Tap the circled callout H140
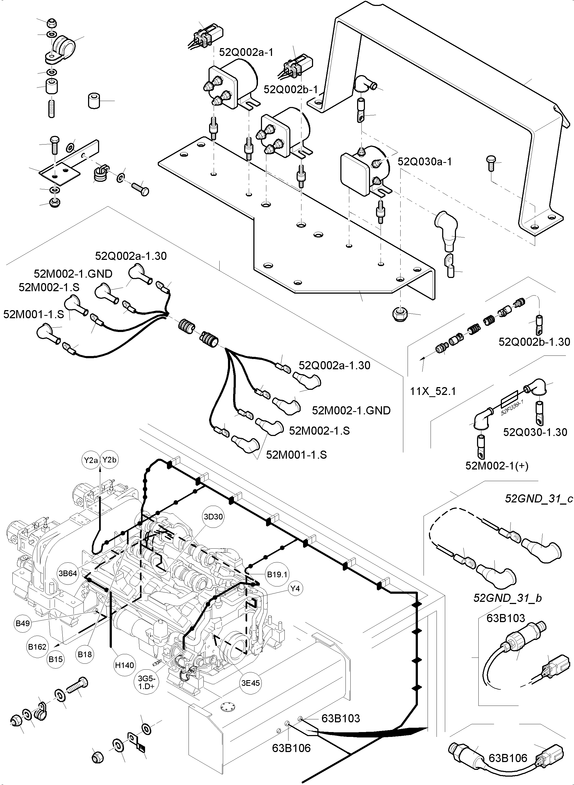(125, 665)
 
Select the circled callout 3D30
(213, 517)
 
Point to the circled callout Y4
(295, 588)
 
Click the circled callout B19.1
(277, 574)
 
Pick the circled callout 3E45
(250, 683)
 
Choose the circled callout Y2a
(91, 460)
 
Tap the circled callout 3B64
(68, 573)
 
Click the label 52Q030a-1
(425, 162)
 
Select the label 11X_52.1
(432, 391)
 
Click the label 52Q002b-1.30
(534, 342)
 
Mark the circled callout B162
(37, 647)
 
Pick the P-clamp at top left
(63, 49)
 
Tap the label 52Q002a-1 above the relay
(246, 52)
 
